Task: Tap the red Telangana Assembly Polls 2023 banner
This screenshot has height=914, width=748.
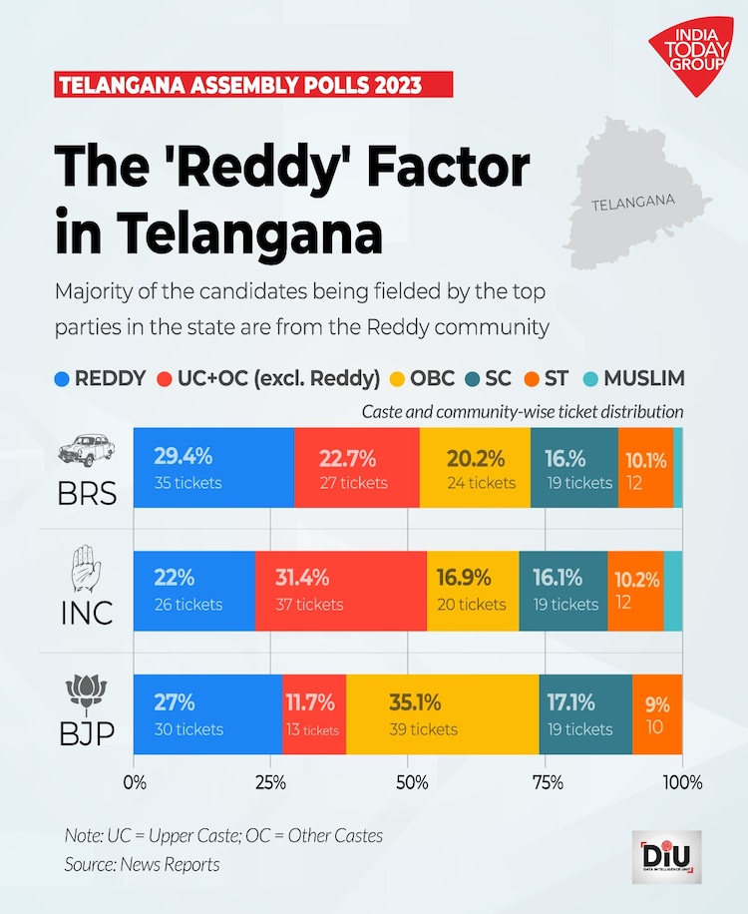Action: pos(253,84)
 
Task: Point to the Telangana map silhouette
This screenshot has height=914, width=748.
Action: pos(634,194)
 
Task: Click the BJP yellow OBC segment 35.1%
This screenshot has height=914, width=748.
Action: pos(442,714)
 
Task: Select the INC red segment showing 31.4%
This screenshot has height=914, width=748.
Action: pos(340,591)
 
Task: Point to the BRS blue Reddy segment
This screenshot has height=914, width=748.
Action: pos(213,468)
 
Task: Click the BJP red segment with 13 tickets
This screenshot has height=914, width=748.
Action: pos(314,714)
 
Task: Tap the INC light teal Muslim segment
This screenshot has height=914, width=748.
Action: pos(673,591)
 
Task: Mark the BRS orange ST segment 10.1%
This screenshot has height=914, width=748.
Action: pos(645,468)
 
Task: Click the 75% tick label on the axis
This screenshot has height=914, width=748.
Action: pos(546,779)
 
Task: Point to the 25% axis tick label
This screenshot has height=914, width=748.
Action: pos(270,779)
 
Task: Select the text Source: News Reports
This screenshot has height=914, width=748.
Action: pos(142,864)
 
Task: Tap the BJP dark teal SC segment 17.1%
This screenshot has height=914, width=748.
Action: pos(585,714)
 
